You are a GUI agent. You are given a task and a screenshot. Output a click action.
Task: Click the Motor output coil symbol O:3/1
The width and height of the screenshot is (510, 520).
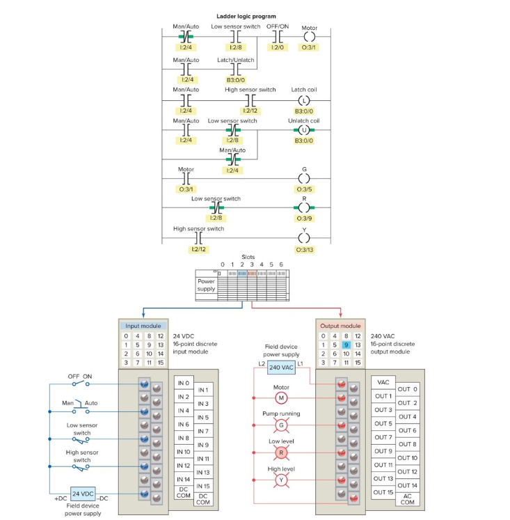pyautogui.click(x=309, y=37)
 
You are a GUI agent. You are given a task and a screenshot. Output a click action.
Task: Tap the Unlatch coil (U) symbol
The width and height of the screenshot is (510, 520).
pyautogui.click(x=303, y=129)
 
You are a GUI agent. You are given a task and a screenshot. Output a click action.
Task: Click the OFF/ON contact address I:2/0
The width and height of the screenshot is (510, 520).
pyautogui.click(x=278, y=47)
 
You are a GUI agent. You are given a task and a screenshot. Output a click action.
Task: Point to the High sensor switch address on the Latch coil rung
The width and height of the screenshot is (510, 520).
pyautogui.click(x=250, y=111)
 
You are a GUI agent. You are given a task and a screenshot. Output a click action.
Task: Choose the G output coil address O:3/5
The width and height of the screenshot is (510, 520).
pyautogui.click(x=303, y=189)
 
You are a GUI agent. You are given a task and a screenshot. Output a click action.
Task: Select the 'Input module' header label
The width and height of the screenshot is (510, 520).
pyautogui.click(x=143, y=326)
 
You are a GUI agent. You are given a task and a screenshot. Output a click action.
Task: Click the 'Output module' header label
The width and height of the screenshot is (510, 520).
pyautogui.click(x=340, y=326)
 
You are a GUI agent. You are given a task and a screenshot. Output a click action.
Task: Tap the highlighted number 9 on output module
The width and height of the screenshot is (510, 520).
pyautogui.click(x=345, y=345)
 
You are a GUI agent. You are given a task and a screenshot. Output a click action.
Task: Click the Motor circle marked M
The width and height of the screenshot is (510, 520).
pyautogui.click(x=282, y=397)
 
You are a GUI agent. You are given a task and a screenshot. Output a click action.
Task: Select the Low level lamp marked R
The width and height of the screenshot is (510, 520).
pyautogui.click(x=282, y=452)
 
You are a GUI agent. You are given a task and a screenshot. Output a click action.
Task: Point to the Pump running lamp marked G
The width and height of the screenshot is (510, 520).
pyautogui.click(x=282, y=425)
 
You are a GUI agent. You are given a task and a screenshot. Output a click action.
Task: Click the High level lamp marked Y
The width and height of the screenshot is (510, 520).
pyautogui.click(x=282, y=480)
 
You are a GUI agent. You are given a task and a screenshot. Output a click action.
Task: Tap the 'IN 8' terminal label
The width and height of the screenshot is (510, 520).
pyautogui.click(x=183, y=438)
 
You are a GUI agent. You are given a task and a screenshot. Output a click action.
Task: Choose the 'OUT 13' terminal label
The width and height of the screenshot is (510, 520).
pyautogui.click(x=384, y=478)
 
